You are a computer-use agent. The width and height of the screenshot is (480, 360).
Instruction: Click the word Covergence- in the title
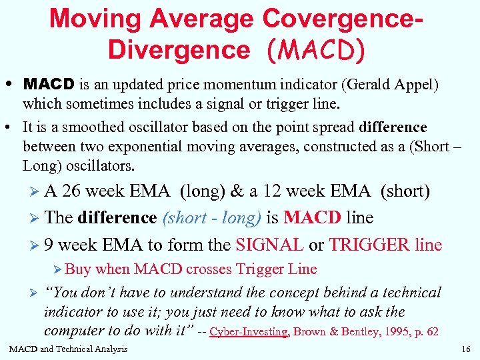pyautogui.click(x=345, y=19)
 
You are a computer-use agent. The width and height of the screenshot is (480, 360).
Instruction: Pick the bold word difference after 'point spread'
pyautogui.click(x=393, y=127)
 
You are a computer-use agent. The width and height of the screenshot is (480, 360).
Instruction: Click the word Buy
pyautogui.click(x=78, y=269)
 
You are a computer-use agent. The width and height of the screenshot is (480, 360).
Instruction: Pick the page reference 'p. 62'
pyautogui.click(x=423, y=332)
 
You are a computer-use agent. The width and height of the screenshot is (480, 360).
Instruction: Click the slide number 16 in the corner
pyautogui.click(x=465, y=349)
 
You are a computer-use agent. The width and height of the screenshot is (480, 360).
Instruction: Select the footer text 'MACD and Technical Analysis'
pyautogui.click(x=68, y=349)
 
